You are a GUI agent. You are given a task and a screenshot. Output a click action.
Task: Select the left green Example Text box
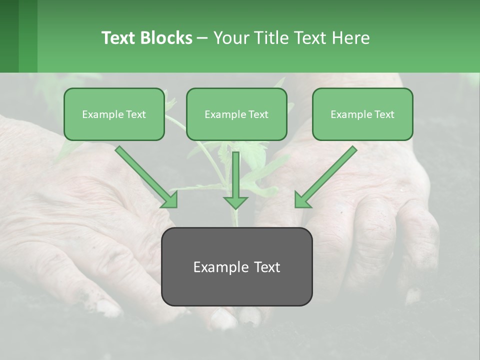tap(114, 114)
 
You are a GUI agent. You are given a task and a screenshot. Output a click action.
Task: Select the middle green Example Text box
tap(236, 114)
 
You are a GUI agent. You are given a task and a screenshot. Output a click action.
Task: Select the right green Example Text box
tap(362, 114)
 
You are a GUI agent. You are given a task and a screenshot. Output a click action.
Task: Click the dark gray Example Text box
tap(236, 266)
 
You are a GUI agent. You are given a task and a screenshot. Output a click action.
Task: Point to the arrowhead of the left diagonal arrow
tap(170, 200)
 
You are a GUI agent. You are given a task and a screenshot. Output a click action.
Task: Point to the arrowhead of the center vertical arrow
tap(235, 202)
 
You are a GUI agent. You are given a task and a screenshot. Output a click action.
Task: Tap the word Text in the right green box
tap(384, 114)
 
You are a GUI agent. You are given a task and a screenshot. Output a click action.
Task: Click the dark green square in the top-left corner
tap(9, 36)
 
